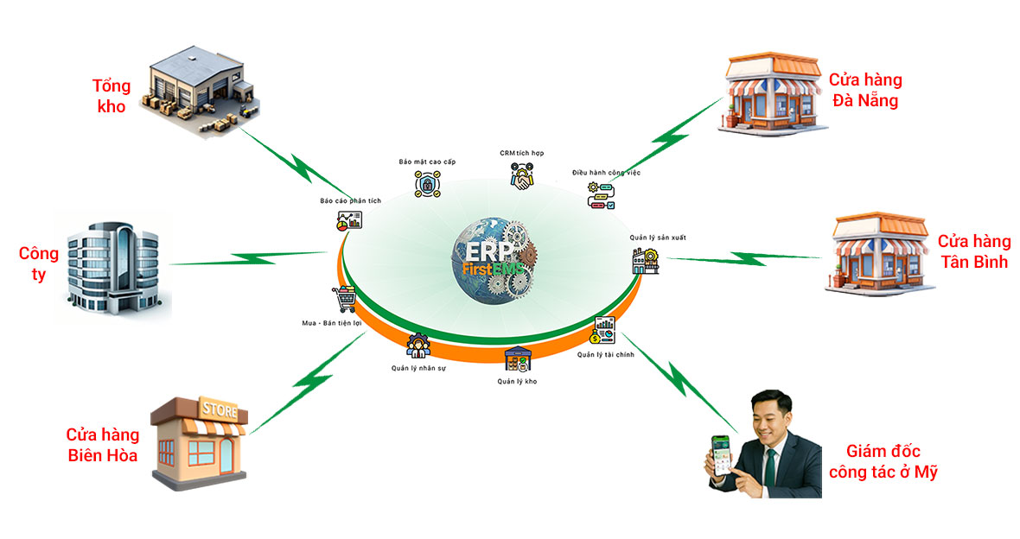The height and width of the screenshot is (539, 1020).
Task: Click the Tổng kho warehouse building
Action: point(198,86)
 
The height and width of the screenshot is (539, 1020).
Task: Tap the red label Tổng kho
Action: point(112,96)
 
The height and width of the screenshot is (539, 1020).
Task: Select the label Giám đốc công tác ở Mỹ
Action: point(882,461)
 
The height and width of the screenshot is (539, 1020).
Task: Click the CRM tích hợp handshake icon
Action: point(521,178)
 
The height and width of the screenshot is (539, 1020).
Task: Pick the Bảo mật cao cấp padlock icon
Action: point(427,184)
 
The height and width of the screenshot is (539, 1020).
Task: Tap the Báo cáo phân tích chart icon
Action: point(349,222)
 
